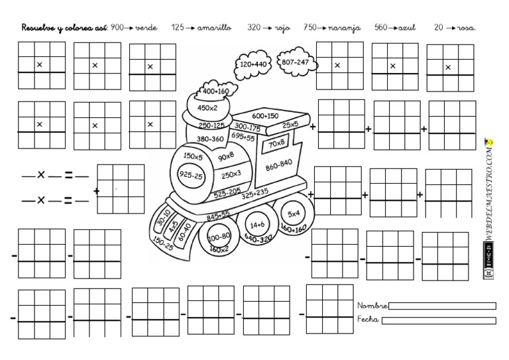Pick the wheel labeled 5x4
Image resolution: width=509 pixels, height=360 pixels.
(293, 213)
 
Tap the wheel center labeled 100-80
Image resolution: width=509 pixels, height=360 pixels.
(218, 237)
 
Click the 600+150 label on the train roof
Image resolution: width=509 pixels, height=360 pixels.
(264, 115)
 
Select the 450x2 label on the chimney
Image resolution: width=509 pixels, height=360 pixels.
(207, 107)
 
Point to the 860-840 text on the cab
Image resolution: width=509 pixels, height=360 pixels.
(278, 162)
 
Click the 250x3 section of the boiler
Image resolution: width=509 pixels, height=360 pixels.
(231, 174)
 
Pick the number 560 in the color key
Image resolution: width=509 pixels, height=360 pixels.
(380, 28)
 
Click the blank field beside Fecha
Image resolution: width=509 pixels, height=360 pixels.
(439, 320)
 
